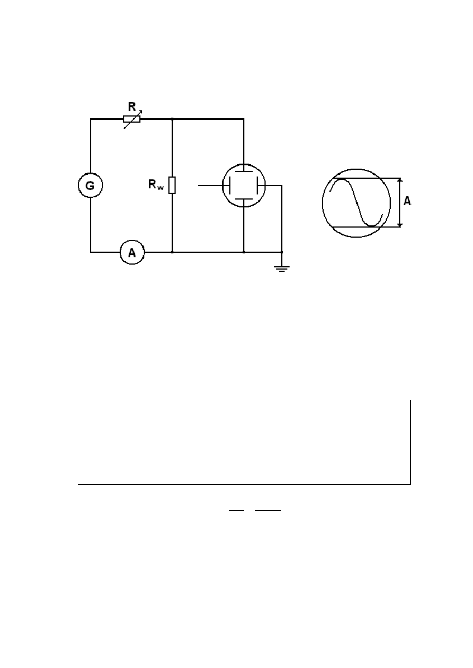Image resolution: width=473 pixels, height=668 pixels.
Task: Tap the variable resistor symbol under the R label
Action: (x=132, y=119)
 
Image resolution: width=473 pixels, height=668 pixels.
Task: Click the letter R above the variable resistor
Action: (x=132, y=106)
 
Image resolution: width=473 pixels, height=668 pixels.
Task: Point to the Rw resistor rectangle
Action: (x=172, y=185)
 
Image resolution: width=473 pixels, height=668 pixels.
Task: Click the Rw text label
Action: (x=156, y=185)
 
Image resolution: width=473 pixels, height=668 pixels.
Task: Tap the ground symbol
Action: (x=282, y=268)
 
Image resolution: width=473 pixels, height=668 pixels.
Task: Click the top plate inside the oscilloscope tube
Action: (x=244, y=172)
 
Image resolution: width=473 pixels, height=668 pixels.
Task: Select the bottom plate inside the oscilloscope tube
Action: (x=244, y=199)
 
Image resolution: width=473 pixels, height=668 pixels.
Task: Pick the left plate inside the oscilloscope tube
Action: (x=230, y=185)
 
